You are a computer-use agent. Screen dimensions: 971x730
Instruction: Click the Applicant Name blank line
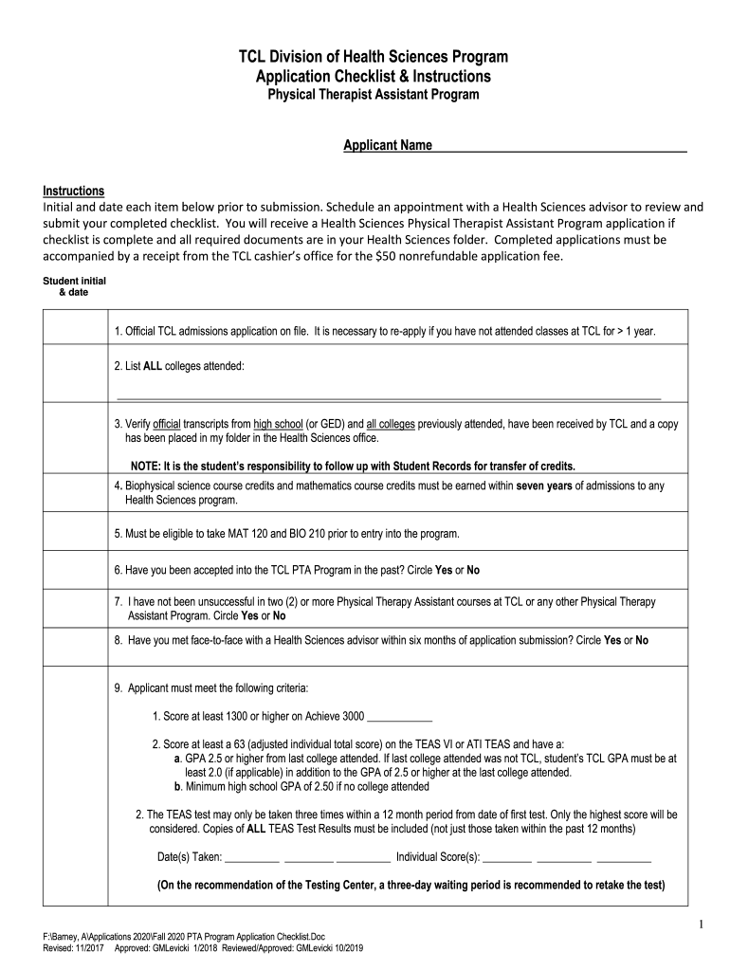point(559,147)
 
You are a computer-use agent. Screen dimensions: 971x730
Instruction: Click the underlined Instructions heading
point(74,191)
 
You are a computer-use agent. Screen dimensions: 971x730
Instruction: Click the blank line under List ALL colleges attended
point(389,396)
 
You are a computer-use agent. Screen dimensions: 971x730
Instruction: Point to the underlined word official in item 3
point(167,424)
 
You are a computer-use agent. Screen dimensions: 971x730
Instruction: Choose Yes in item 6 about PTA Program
point(443,570)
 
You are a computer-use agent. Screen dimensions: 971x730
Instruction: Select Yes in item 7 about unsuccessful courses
point(225,615)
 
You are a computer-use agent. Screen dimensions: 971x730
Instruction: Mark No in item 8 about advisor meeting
point(642,640)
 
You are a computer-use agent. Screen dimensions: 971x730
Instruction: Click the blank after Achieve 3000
point(398,717)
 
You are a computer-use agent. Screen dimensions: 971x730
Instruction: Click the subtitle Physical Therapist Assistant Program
point(372,95)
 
